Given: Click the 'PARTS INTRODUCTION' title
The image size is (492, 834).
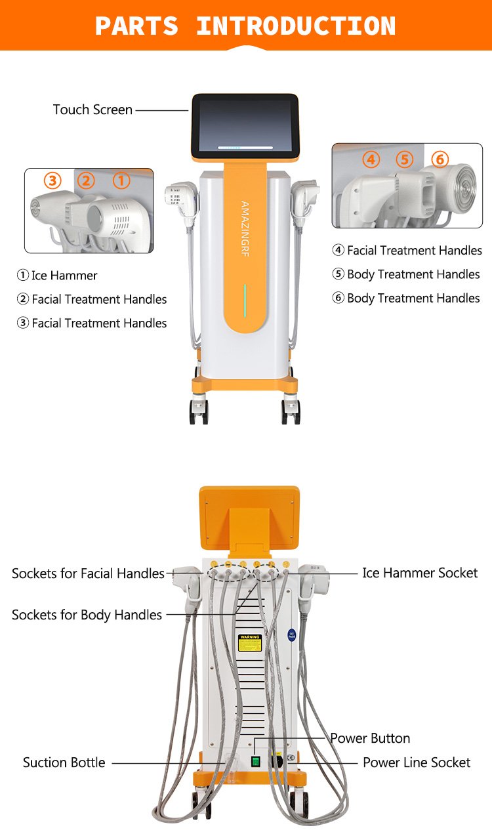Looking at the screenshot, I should [x=245, y=26].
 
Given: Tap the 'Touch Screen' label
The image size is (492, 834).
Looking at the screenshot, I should [x=92, y=110].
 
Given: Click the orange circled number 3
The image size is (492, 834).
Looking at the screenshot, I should [x=52, y=180].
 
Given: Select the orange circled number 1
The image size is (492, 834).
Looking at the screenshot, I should [x=121, y=180].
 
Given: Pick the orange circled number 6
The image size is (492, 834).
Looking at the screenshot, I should [x=440, y=159].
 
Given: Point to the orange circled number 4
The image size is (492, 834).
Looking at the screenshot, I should [x=371, y=159].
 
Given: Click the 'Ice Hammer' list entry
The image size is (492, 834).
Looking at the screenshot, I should [x=57, y=276].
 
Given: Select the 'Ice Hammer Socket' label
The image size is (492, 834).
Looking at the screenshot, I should [x=420, y=573].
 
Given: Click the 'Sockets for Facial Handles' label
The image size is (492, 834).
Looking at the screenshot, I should [x=88, y=573].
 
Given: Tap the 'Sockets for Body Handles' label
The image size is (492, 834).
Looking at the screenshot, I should [x=87, y=615].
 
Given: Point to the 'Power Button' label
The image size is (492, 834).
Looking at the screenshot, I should [x=370, y=738].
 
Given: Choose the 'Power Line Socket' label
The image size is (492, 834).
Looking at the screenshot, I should [x=417, y=762].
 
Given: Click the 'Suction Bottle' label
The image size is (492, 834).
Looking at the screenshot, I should [x=64, y=762].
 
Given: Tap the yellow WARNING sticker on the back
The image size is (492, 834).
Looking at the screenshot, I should [x=249, y=642].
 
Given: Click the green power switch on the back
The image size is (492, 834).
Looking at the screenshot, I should [x=256, y=762].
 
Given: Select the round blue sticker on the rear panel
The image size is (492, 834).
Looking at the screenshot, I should [x=291, y=635].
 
